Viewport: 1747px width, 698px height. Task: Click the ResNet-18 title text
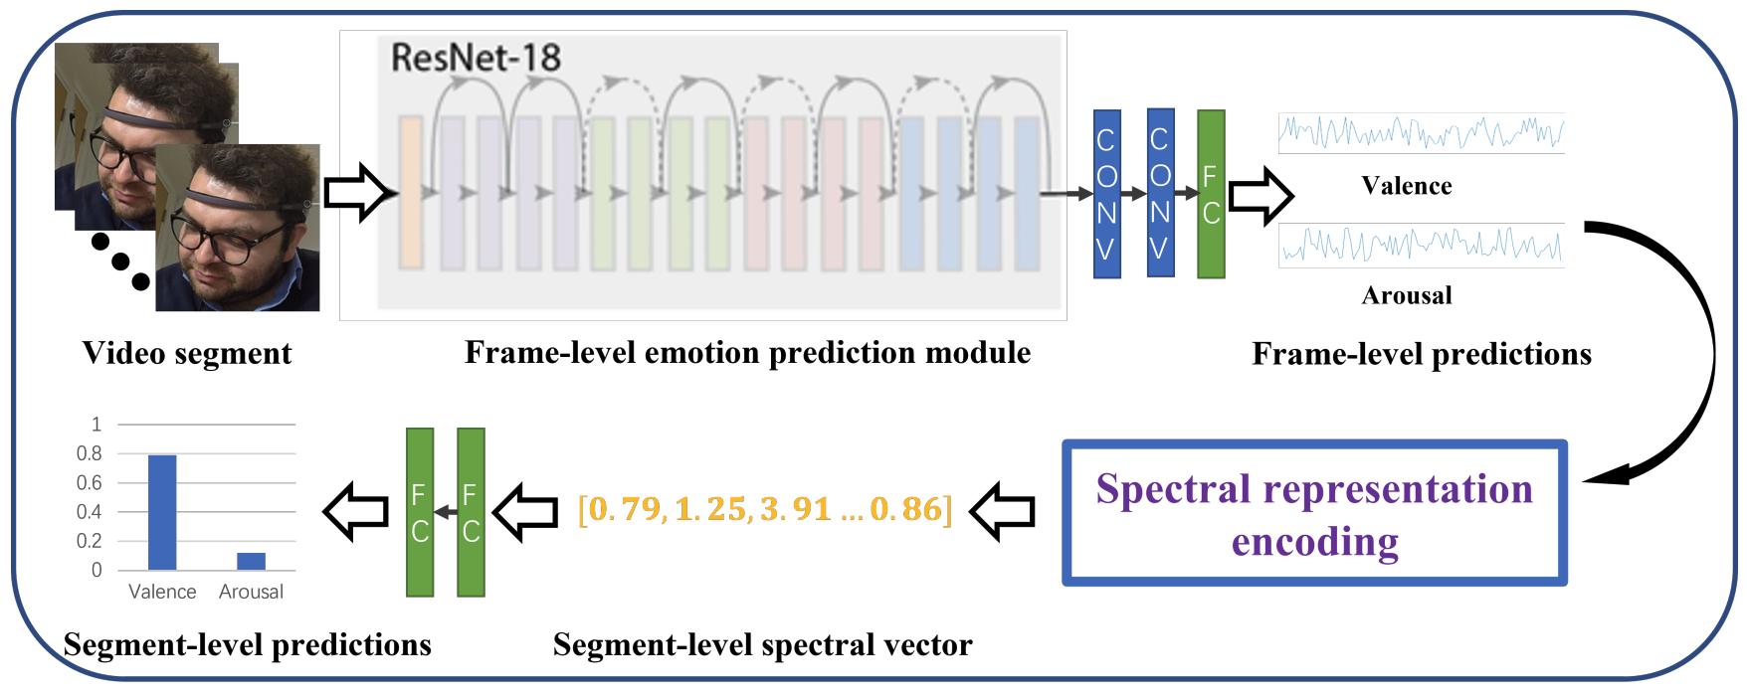coord(476,58)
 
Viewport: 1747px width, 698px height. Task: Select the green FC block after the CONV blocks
coord(1211,194)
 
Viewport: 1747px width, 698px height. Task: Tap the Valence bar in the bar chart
coord(162,512)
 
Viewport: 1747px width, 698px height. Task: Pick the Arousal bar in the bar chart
coord(251,561)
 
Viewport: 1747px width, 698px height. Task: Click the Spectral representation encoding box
coord(1314,513)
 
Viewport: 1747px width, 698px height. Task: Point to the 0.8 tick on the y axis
coord(90,453)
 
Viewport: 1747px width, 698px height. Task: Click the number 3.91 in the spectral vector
coord(795,509)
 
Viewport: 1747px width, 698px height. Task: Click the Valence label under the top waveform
coord(1406,186)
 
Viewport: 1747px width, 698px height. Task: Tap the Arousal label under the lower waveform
coord(1406,295)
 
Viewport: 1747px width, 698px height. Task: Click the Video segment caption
coord(187,353)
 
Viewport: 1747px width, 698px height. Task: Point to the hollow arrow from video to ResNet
coord(359,193)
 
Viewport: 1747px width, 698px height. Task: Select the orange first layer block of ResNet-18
coord(411,192)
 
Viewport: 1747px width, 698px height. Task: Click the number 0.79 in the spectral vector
coord(625,509)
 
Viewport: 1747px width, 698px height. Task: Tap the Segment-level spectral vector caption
coord(762,645)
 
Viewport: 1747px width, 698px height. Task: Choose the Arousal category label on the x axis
coord(251,592)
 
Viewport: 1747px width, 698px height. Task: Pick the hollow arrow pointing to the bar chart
coord(356,512)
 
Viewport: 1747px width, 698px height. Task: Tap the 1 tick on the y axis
coord(97,425)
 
